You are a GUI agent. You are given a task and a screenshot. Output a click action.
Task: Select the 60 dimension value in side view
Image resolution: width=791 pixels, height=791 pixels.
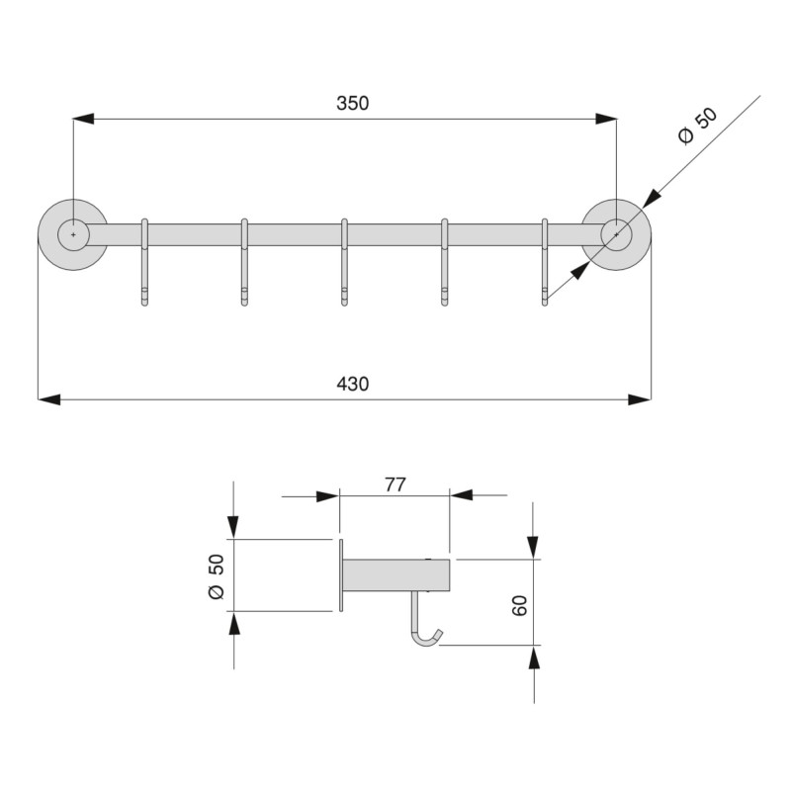click(x=521, y=604)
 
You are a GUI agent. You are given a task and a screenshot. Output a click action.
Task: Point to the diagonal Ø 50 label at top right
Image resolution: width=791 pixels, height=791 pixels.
click(x=698, y=128)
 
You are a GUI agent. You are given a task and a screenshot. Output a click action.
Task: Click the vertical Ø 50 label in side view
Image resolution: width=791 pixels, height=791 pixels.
click(x=217, y=576)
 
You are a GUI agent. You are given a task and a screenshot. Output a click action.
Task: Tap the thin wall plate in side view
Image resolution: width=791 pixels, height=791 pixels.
click(x=340, y=575)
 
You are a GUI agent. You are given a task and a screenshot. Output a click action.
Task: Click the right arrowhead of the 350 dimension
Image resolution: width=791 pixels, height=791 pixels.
click(x=606, y=119)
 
